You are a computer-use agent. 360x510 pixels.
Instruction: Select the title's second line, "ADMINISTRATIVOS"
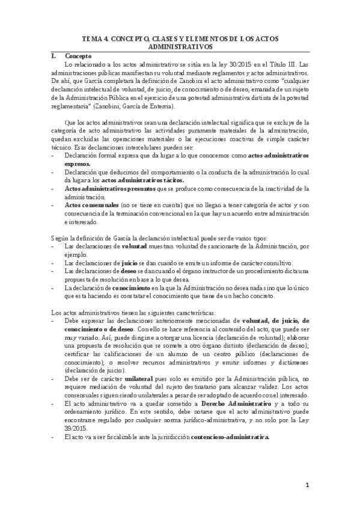point(180,46)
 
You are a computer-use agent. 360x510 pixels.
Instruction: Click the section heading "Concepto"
point(78,56)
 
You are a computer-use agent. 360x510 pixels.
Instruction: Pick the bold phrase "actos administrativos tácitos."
point(143,180)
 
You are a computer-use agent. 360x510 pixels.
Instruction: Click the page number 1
point(307,485)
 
